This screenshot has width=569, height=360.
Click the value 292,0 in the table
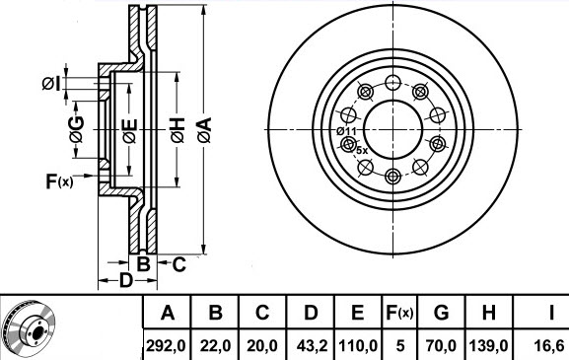click(166, 345)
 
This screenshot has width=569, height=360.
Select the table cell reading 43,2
click(312, 345)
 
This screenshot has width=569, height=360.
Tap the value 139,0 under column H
click(489, 345)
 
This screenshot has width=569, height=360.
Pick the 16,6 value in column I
click(550, 345)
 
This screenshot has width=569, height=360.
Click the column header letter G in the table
click(441, 312)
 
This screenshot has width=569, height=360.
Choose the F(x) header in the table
click(399, 312)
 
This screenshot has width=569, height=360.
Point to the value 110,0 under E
click(358, 345)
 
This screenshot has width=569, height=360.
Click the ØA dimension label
click(204, 130)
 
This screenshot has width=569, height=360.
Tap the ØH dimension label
click(178, 130)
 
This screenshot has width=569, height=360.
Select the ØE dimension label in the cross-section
click(130, 130)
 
